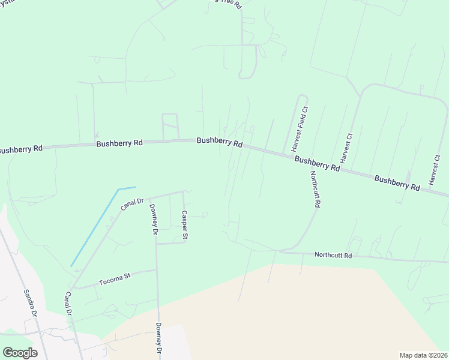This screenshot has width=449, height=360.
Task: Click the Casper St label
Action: (185, 226)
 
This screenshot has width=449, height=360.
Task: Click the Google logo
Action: (20, 352)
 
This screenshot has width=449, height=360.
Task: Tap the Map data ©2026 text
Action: (423, 355)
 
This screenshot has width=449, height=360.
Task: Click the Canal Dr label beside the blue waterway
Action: (131, 205)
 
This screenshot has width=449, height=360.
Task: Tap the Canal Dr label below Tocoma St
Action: (69, 304)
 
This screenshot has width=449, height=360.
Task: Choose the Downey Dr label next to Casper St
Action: (154, 219)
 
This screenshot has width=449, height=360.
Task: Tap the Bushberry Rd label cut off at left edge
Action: (20, 148)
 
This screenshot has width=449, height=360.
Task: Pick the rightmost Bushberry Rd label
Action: (397, 182)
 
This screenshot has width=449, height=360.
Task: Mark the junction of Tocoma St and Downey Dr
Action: (157, 271)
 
